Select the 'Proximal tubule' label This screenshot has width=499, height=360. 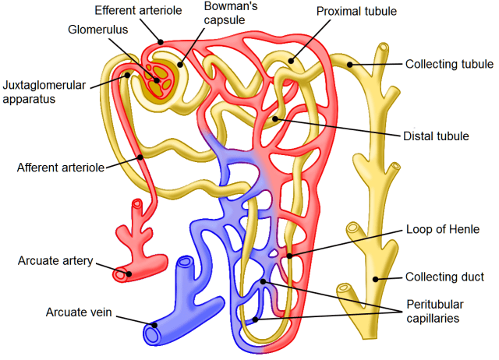click(x=357, y=12)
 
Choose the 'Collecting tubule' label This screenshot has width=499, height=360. click(x=448, y=65)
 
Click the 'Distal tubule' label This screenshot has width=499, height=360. click(x=436, y=136)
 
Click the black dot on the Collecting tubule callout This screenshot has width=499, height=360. click(x=351, y=65)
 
